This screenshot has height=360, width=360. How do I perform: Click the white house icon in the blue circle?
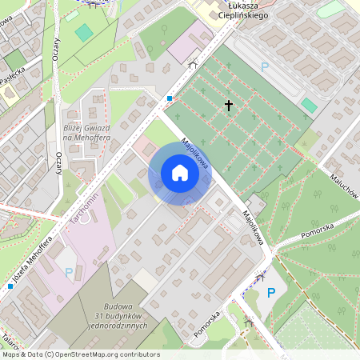(x=179, y=173)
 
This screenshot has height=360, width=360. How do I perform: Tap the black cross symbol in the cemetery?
(x=228, y=105)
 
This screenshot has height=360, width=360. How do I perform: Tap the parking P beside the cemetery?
(x=265, y=68)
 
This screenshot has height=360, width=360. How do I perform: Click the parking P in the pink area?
(x=68, y=272)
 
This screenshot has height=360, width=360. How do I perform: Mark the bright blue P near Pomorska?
(x=270, y=293)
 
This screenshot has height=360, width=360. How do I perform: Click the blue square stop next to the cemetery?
(x=170, y=98)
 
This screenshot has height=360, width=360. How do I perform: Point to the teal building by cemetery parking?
(x=309, y=105)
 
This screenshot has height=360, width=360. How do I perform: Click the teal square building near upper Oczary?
(x=84, y=33)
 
